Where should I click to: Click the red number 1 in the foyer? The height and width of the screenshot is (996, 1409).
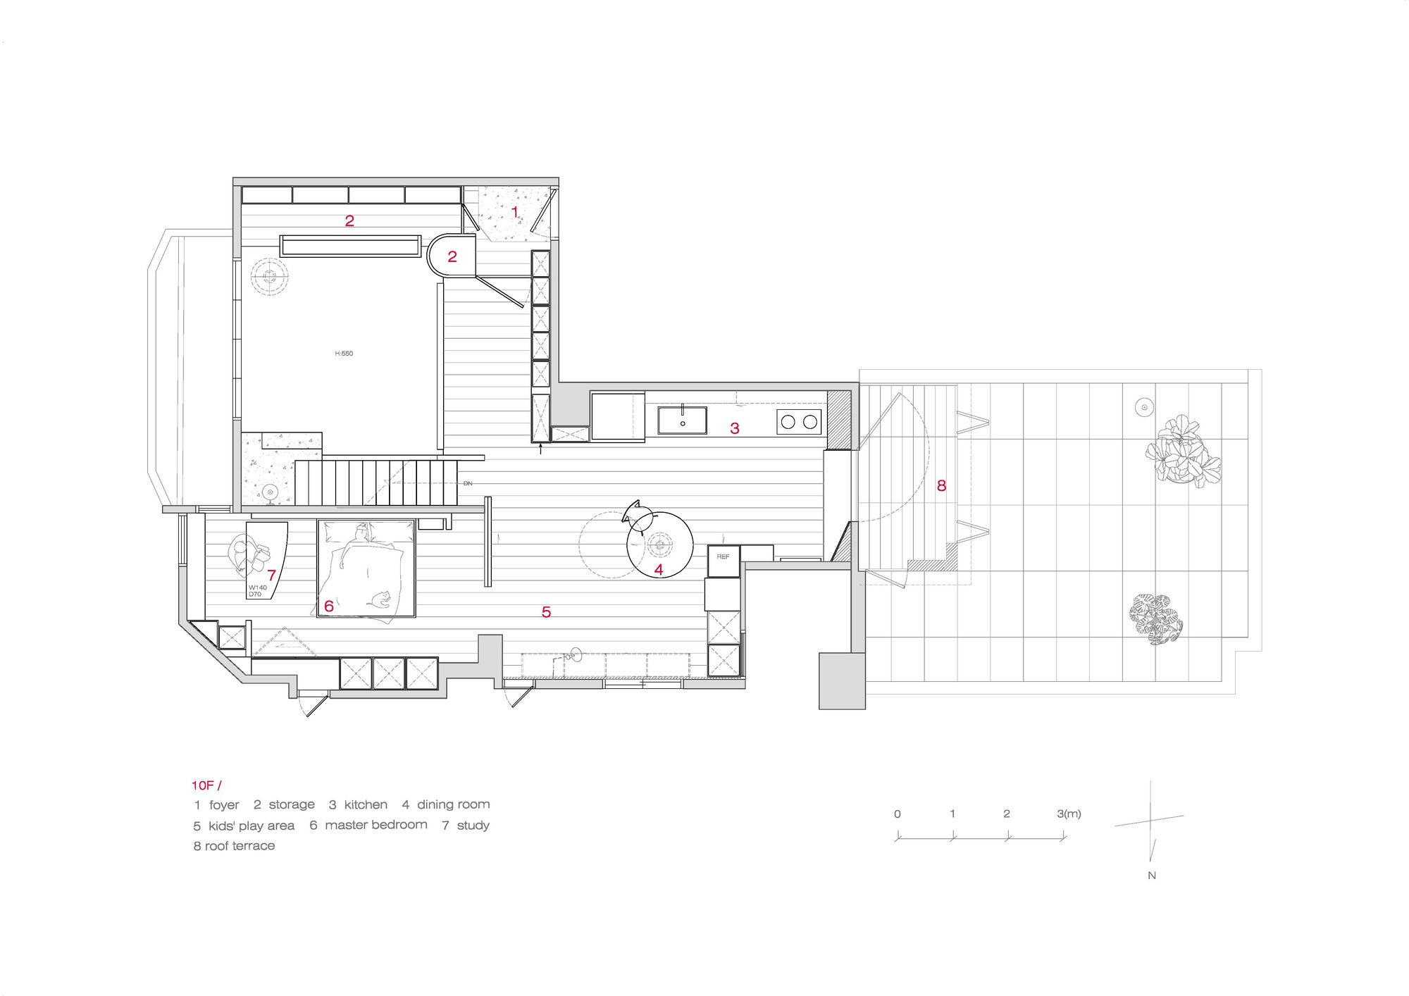point(514,211)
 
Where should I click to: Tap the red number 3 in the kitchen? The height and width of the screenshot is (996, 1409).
point(735,428)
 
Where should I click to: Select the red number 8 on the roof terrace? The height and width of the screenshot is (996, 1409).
point(941,485)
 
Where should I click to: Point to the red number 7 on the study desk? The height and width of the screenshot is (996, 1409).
point(271,575)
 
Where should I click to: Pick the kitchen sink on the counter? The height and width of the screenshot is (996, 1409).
point(682,421)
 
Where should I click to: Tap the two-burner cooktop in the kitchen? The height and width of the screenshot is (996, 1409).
point(799,422)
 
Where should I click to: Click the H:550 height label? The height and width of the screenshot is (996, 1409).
point(344,354)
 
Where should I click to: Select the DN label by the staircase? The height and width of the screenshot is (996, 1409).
point(468,483)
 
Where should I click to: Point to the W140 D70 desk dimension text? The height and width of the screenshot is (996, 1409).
point(257,591)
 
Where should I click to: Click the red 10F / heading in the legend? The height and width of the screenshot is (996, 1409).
point(206,785)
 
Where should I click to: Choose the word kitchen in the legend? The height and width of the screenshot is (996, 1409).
point(366,804)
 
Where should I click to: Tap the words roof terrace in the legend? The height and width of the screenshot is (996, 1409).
point(240,846)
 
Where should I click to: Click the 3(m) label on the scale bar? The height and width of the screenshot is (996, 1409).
point(1069,814)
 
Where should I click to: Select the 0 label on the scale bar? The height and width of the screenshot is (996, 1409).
point(897,814)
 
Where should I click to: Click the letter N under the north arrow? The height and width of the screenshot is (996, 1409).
point(1152,876)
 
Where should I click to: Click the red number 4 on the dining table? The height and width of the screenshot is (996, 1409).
point(659,569)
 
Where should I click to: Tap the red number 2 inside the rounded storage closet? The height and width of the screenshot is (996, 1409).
point(452,257)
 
